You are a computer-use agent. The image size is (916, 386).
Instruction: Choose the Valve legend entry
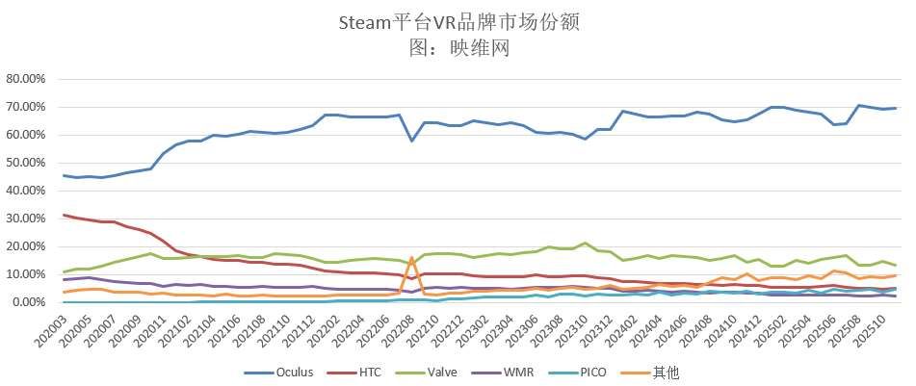455,371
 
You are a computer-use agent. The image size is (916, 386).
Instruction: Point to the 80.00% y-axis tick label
28,79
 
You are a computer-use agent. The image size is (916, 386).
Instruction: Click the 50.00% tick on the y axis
28,163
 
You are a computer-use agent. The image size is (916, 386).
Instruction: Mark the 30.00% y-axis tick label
28,219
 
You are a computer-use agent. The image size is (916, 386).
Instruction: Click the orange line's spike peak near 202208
412,258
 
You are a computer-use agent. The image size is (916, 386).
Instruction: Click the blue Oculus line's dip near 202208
412,141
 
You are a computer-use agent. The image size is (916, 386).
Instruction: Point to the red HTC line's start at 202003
64,215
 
